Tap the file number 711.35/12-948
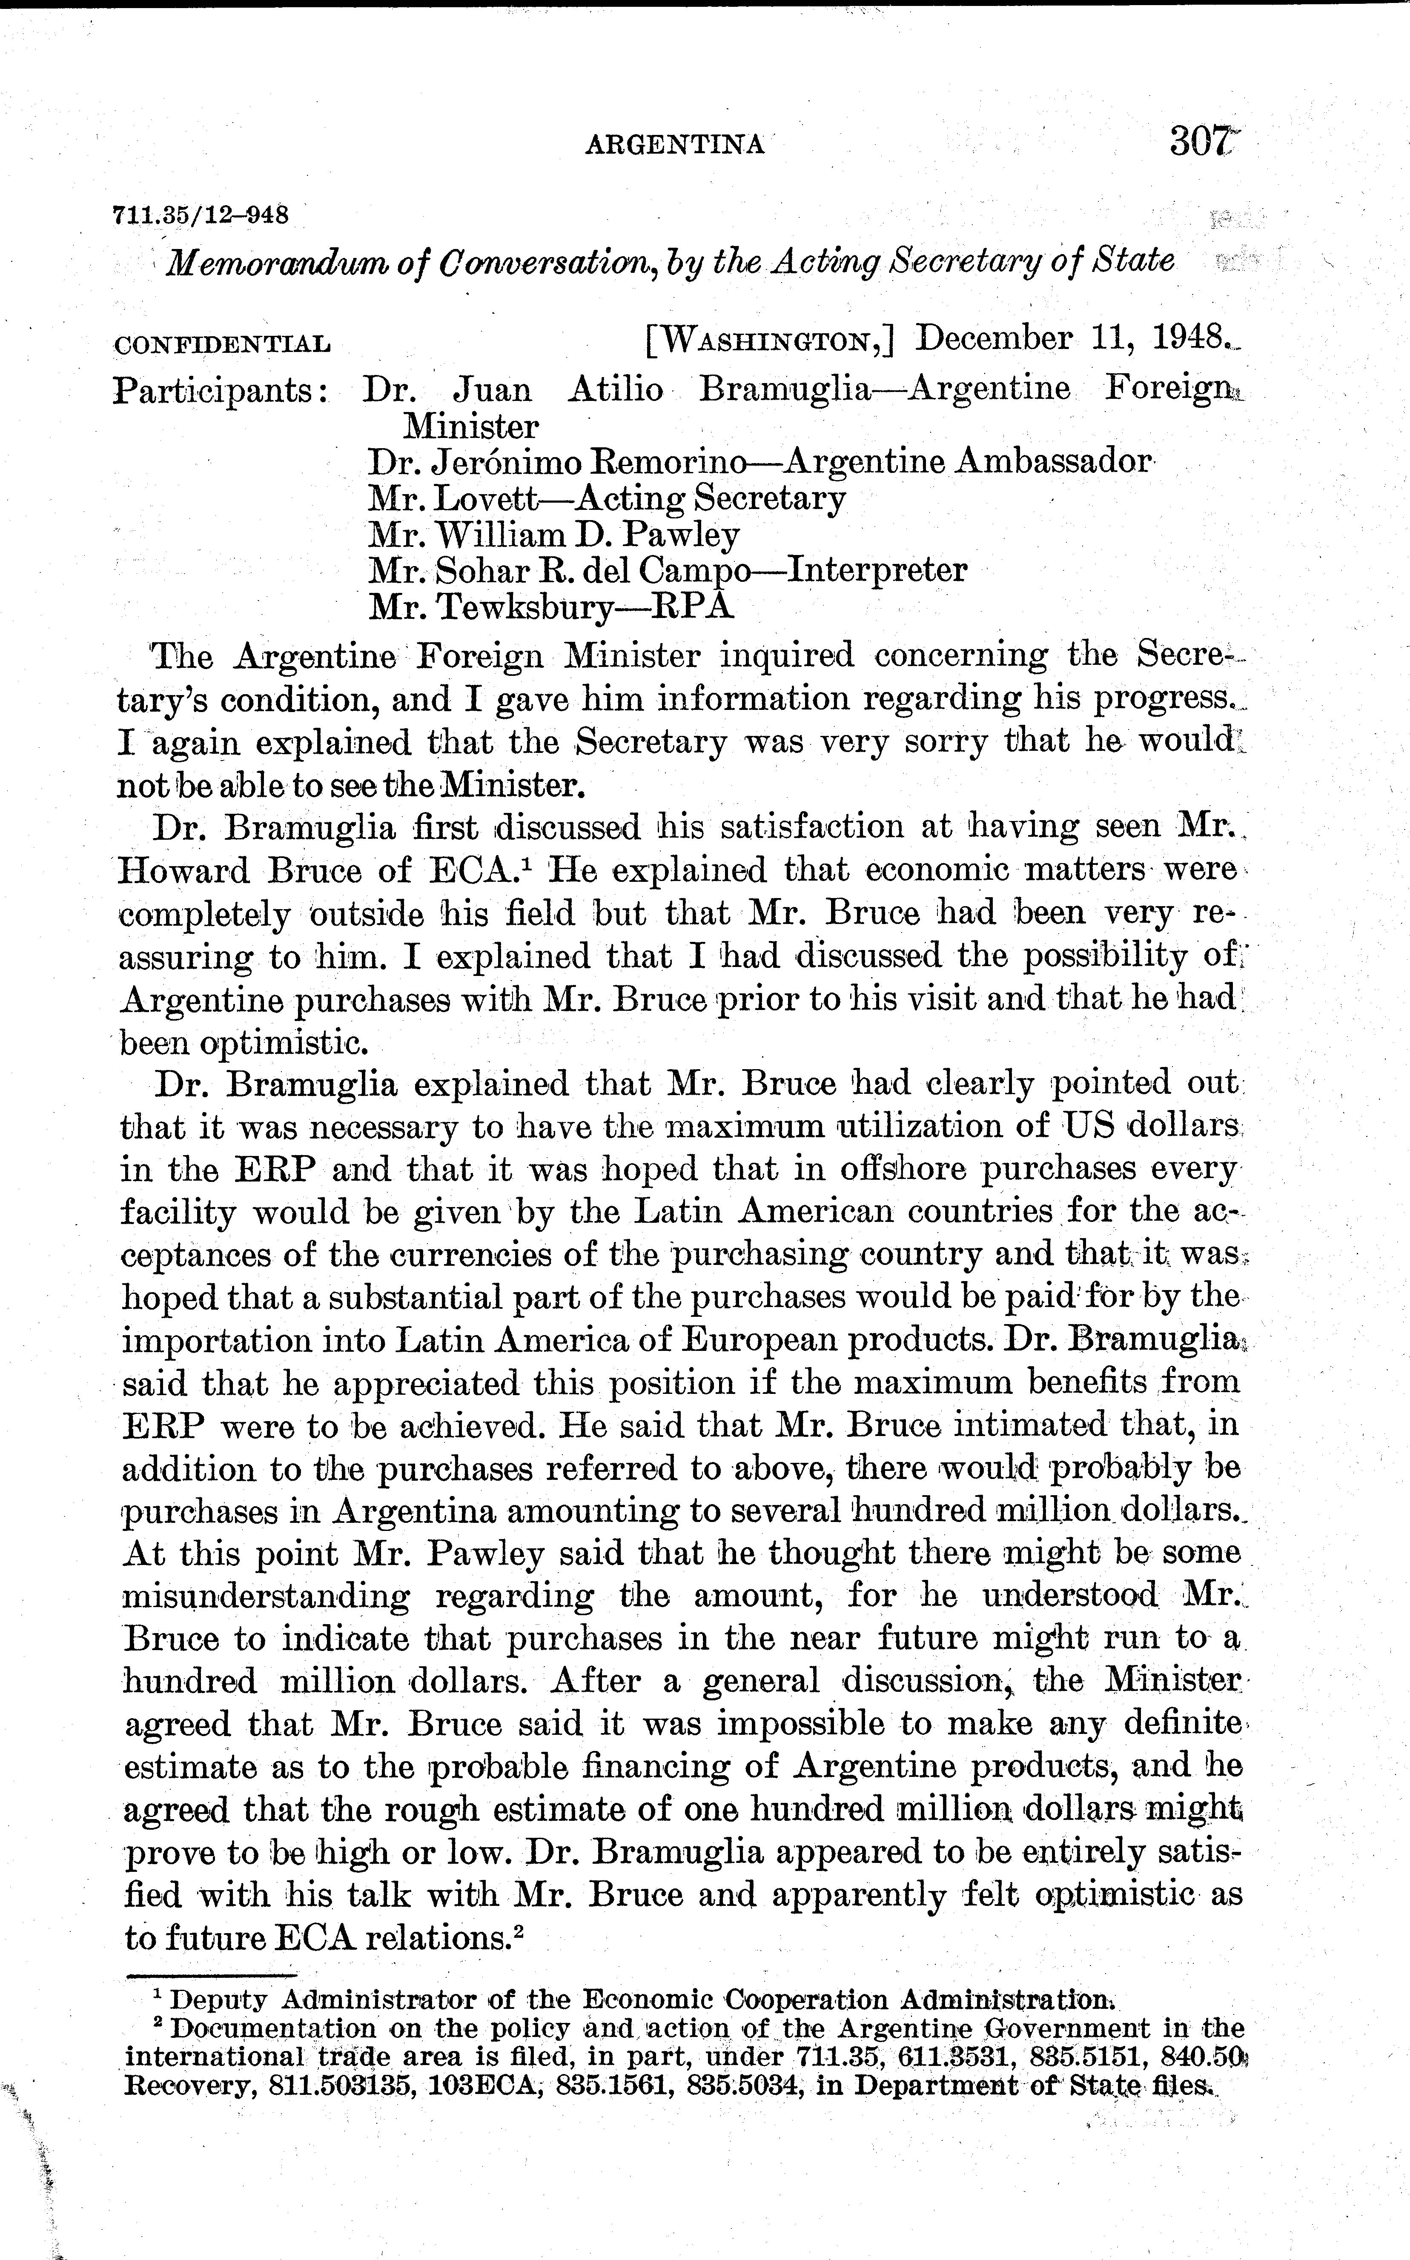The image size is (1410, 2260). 200,215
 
